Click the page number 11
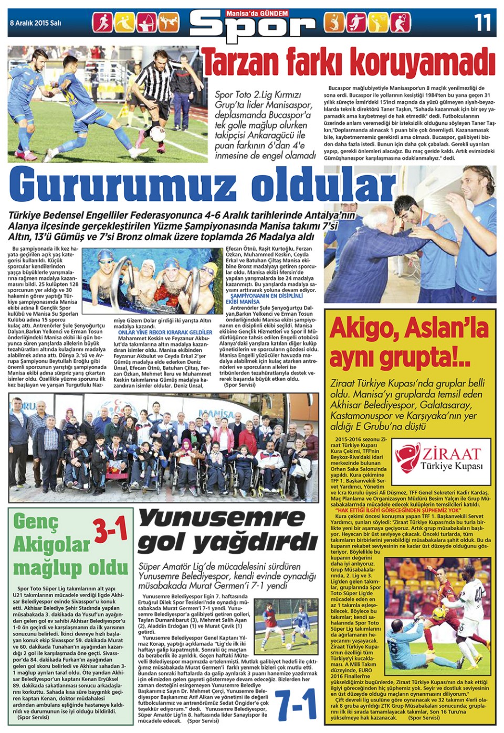tap(482, 22)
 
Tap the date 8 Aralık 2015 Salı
tap(36, 23)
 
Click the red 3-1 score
tap(111, 530)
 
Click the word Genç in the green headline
tap(36, 522)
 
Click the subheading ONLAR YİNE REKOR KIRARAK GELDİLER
tap(165, 332)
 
